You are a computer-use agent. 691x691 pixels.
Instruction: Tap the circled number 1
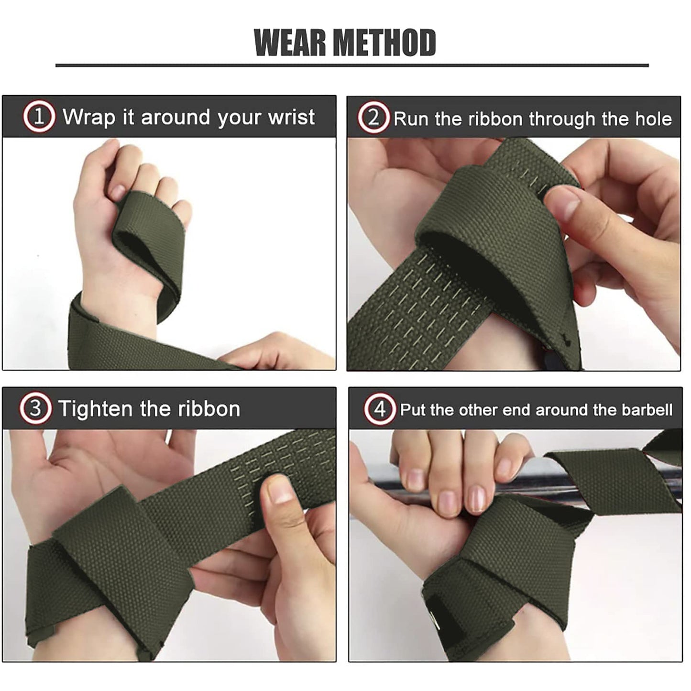(39, 117)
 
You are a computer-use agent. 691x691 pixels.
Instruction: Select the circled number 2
(374, 118)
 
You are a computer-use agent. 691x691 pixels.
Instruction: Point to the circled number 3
(35, 409)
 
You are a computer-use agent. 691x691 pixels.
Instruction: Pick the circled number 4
(380, 410)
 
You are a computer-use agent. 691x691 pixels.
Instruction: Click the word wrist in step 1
(291, 117)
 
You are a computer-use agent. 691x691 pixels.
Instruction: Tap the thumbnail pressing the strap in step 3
(279, 493)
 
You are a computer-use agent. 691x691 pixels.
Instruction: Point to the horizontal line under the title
(352, 65)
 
